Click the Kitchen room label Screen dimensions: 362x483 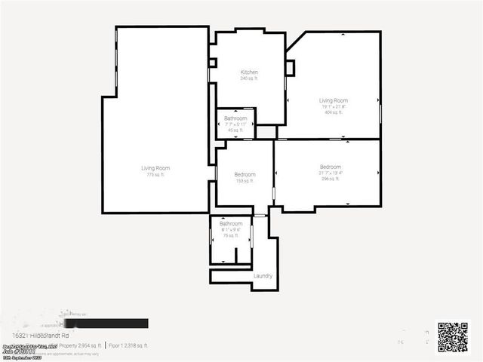[x=249, y=72]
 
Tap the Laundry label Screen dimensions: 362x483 [x=263, y=276]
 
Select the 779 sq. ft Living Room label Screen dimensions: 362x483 [x=155, y=167]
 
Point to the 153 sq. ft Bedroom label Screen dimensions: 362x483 [x=245, y=174]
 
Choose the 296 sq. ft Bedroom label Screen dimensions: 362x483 [x=330, y=167]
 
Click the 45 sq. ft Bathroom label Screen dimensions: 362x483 [x=235, y=118]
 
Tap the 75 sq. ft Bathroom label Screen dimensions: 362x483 [x=230, y=224]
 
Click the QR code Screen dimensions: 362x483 [x=453, y=337]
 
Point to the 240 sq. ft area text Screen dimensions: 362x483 [x=249, y=78]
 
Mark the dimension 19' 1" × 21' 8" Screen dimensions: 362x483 [x=333, y=106]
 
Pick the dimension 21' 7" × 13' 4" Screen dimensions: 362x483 [x=330, y=173]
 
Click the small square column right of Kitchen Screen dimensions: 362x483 [x=289, y=68]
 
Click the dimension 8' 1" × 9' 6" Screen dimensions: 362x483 [x=230, y=230]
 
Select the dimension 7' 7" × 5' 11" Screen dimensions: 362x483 [x=235, y=124]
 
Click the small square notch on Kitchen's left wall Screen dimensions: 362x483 [x=213, y=63]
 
